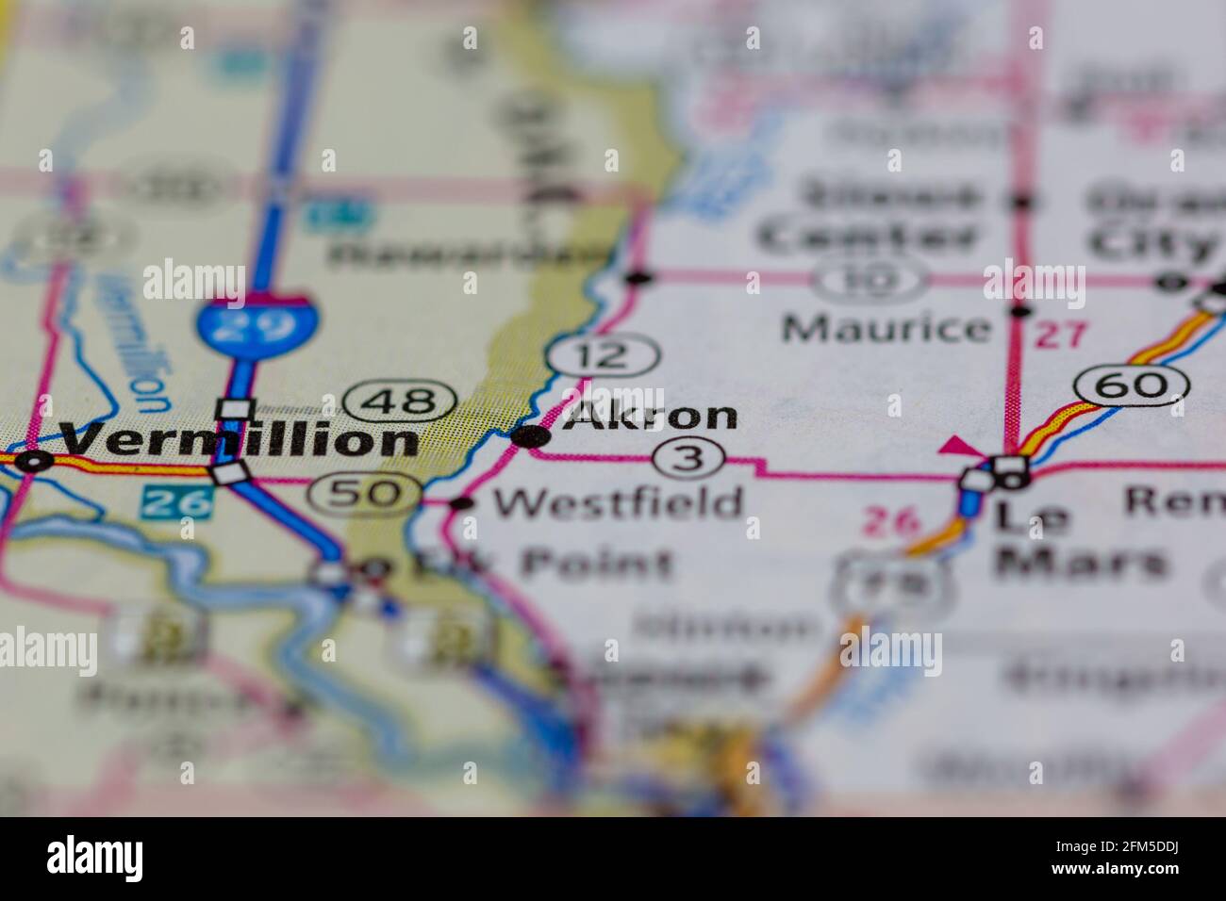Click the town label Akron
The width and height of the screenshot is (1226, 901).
[x=651, y=416]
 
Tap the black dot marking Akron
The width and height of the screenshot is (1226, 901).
[x=531, y=435]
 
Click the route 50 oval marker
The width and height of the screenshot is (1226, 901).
[x=367, y=491]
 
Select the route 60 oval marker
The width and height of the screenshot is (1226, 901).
[x=1131, y=384]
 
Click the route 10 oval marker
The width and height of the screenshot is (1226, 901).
[x=870, y=280]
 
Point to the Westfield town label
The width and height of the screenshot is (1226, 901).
[x=619, y=502]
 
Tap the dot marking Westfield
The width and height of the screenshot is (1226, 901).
[x=461, y=503]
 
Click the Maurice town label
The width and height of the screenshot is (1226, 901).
[x=886, y=328]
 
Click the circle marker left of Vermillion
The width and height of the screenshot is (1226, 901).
[x=36, y=461]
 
